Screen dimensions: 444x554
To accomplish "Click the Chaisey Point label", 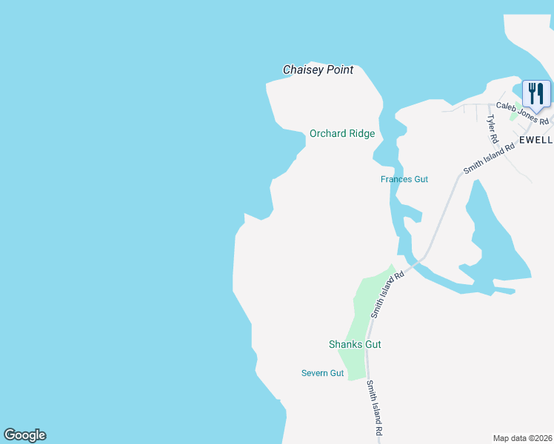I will point(318,70).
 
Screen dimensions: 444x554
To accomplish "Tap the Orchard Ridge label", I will point(341,134).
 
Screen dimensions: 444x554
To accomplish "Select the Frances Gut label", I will point(404,179).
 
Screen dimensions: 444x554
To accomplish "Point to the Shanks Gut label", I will point(355,344).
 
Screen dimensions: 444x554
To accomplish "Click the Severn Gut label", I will point(322,373).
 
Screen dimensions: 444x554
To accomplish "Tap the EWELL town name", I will point(535,139).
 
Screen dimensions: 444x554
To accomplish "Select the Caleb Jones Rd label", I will point(522,113).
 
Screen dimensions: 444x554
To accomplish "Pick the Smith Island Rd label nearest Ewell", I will point(488,158).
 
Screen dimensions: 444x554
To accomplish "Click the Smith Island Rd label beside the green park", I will point(387,294).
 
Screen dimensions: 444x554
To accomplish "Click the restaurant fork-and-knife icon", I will point(536,93).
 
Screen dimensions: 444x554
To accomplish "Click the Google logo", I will point(24,435).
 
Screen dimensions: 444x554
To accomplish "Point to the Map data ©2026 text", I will point(522,437).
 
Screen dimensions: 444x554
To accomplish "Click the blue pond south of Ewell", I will point(493,237).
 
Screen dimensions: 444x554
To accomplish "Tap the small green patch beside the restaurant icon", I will point(514,115).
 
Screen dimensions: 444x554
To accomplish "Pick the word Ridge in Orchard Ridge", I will point(362,134).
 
